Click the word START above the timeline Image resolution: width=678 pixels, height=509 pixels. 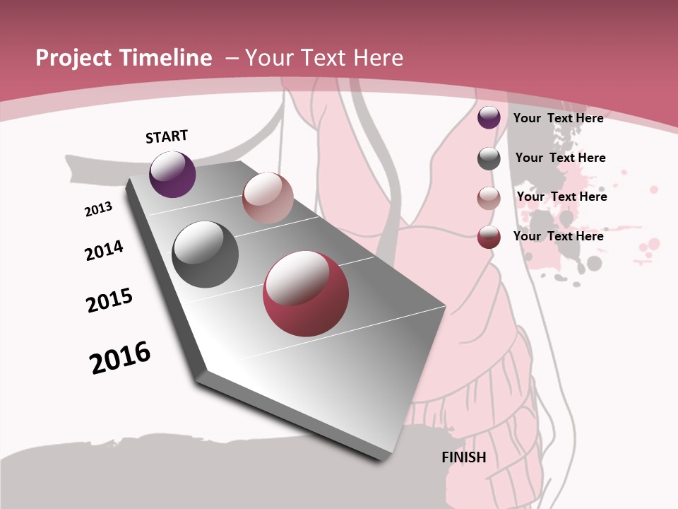(167, 136)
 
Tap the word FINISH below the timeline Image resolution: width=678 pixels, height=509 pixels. (464, 457)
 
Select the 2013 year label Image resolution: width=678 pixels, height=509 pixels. (98, 209)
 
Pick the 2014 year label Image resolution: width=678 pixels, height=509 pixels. (104, 250)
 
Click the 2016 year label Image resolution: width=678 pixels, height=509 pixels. (120, 357)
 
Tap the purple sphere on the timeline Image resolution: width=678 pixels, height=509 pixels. (172, 174)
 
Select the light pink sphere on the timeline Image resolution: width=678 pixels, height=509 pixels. (268, 197)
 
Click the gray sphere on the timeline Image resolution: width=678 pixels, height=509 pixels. (206, 255)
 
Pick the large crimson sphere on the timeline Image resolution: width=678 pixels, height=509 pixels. (306, 293)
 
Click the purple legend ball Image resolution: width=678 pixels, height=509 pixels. (489, 118)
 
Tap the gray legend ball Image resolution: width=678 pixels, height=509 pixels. (489, 158)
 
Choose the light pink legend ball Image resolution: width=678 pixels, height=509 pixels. (489, 198)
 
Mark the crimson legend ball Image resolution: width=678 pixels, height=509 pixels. (489, 237)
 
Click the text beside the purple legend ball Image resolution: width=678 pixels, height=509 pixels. (558, 118)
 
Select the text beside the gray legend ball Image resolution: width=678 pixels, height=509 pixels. (560, 158)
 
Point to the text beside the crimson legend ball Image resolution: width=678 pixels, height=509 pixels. (558, 236)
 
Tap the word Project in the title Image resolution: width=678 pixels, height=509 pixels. (73, 58)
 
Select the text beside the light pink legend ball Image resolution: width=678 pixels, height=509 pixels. (561, 197)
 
